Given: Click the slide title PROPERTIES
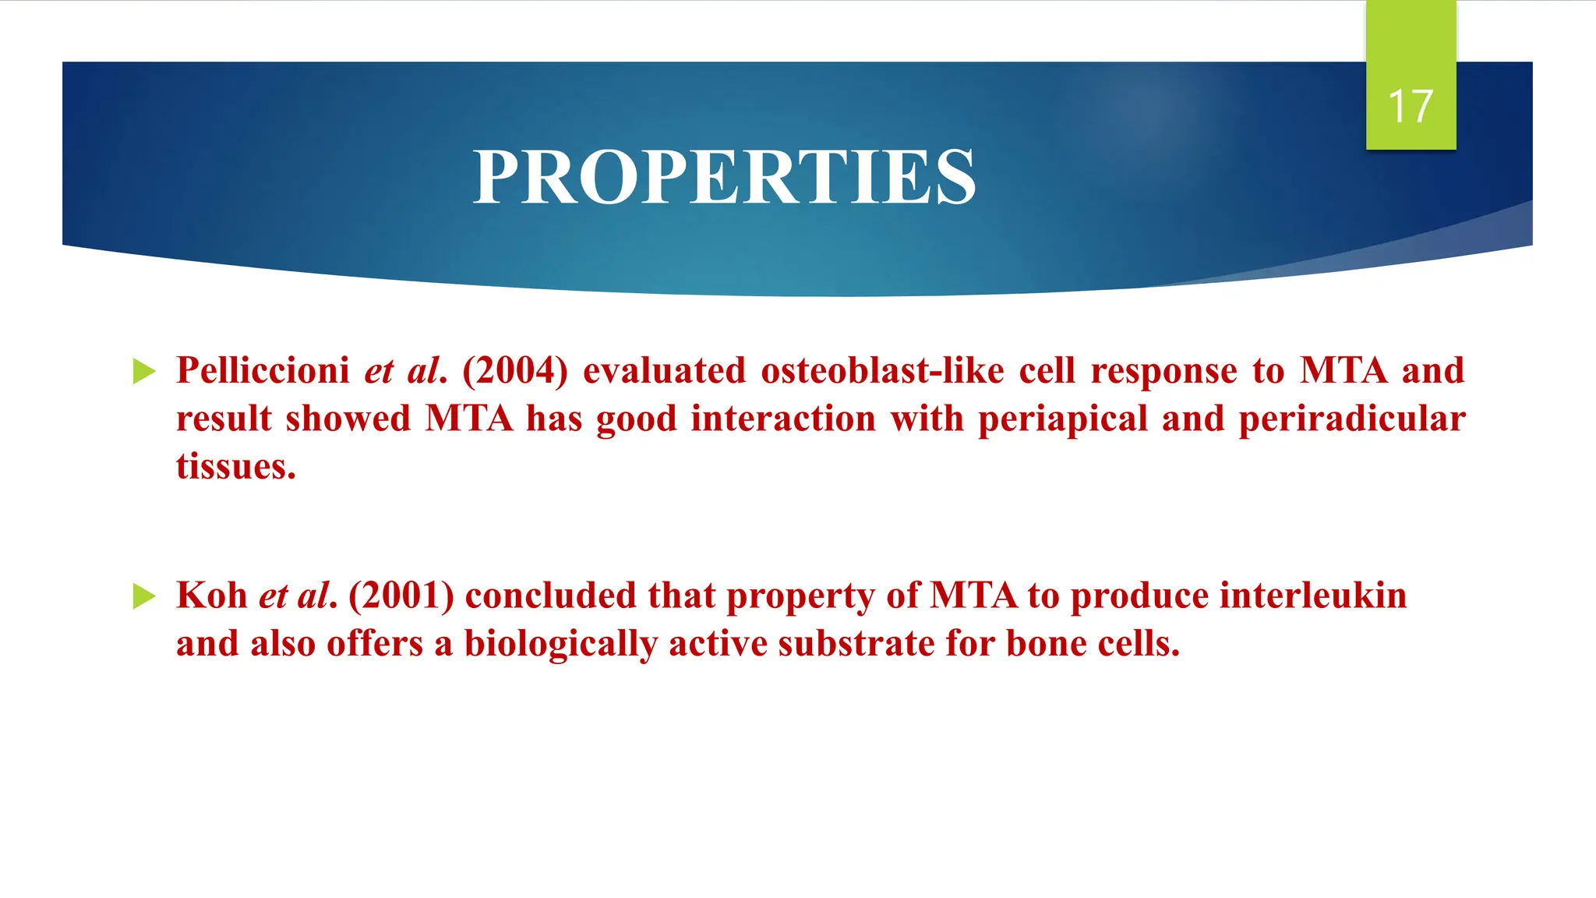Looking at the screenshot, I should (724, 178).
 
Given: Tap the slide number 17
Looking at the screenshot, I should (1410, 107).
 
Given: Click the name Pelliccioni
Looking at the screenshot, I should (263, 370).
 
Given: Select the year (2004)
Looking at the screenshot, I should (515, 370).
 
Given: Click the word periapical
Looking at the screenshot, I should (1062, 419).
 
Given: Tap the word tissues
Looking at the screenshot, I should (235, 466).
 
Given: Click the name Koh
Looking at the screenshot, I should (211, 596).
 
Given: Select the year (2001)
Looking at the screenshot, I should (401, 596).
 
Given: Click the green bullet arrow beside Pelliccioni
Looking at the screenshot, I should (144, 371).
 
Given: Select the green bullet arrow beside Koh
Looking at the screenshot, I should (144, 596).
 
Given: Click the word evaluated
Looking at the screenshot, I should (664, 370).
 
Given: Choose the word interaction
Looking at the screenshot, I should (783, 419).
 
